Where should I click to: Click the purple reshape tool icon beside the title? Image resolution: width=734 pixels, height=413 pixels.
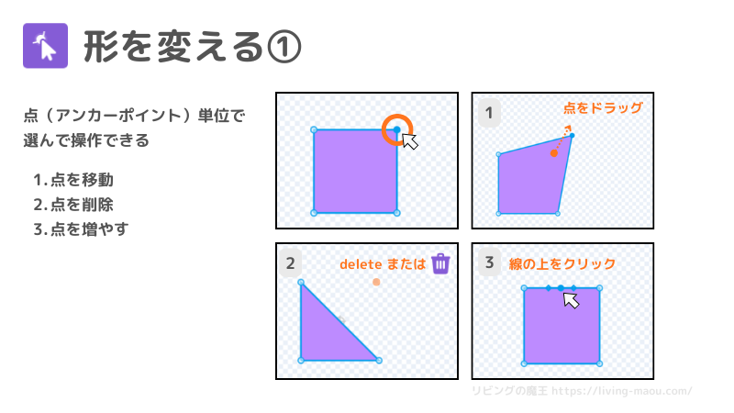45,46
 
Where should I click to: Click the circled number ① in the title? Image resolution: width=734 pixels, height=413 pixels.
284,47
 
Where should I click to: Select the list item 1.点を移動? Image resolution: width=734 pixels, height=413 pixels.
73,180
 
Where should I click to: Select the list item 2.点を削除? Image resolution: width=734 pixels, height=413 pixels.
73,205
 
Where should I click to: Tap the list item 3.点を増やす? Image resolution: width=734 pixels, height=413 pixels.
81,229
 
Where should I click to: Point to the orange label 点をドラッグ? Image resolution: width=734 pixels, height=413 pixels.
603,108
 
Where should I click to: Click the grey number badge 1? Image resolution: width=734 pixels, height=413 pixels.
489,113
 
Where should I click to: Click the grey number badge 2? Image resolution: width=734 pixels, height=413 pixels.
290,263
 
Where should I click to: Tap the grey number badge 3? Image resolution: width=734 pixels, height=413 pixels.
489,262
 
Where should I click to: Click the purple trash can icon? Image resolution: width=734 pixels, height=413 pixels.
440,263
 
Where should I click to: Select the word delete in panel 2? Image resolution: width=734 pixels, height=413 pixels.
361,264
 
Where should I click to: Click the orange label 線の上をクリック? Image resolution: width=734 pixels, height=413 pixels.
562,264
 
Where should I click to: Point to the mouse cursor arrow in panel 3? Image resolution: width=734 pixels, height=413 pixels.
571,300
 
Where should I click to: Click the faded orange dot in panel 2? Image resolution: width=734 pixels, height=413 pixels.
376,282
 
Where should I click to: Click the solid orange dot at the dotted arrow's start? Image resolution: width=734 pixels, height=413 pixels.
554,153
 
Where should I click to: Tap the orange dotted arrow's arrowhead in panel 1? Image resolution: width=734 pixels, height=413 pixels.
568,128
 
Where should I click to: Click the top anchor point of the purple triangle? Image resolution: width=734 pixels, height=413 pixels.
301,283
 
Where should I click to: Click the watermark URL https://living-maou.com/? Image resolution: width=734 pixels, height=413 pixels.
622,391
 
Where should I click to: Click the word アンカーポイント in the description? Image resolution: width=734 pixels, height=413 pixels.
118,116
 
